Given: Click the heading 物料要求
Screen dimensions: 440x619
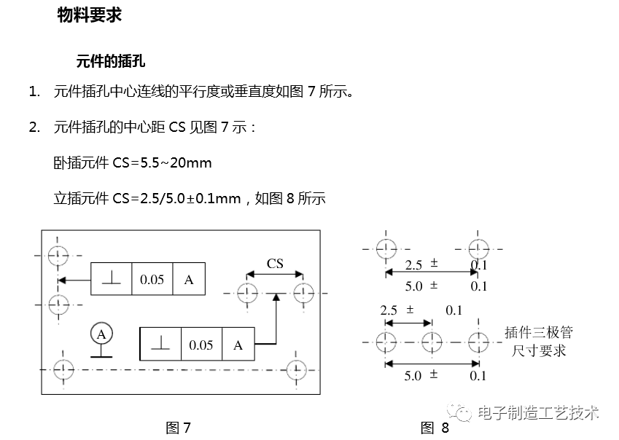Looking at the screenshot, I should coord(89,15).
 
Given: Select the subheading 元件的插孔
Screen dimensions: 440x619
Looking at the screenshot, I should coord(110,61).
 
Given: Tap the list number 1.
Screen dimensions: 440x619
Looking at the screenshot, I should coord(34,92).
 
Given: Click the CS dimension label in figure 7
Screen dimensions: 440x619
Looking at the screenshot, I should coord(275,263).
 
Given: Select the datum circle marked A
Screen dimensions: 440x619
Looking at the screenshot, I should coord(102,334).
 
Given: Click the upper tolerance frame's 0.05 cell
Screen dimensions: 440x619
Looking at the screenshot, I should coord(152,279).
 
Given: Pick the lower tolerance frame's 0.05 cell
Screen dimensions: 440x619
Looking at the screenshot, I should coord(201,345).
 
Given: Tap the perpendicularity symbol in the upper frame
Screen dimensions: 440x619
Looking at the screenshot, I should coord(111,279).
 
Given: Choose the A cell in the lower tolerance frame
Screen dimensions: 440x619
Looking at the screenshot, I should coord(238,345).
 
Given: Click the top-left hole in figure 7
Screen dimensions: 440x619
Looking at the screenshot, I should coord(58,255).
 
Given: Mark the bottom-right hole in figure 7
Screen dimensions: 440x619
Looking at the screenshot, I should coord(295,369).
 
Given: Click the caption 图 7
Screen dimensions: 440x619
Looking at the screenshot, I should coord(178,428).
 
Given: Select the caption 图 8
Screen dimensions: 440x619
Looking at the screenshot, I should coord(435,428).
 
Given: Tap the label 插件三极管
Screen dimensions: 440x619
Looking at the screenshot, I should coord(538,333).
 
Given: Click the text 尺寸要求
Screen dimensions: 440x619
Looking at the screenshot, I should coord(538,350).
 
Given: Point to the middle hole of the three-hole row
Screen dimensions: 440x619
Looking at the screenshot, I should coord(432,341).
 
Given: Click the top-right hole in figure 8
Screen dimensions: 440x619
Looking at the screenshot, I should coord(478,248).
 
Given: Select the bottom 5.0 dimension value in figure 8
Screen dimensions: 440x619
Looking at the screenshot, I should coord(413,376).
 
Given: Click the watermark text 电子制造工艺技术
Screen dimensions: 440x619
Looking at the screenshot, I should coord(538,413).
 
